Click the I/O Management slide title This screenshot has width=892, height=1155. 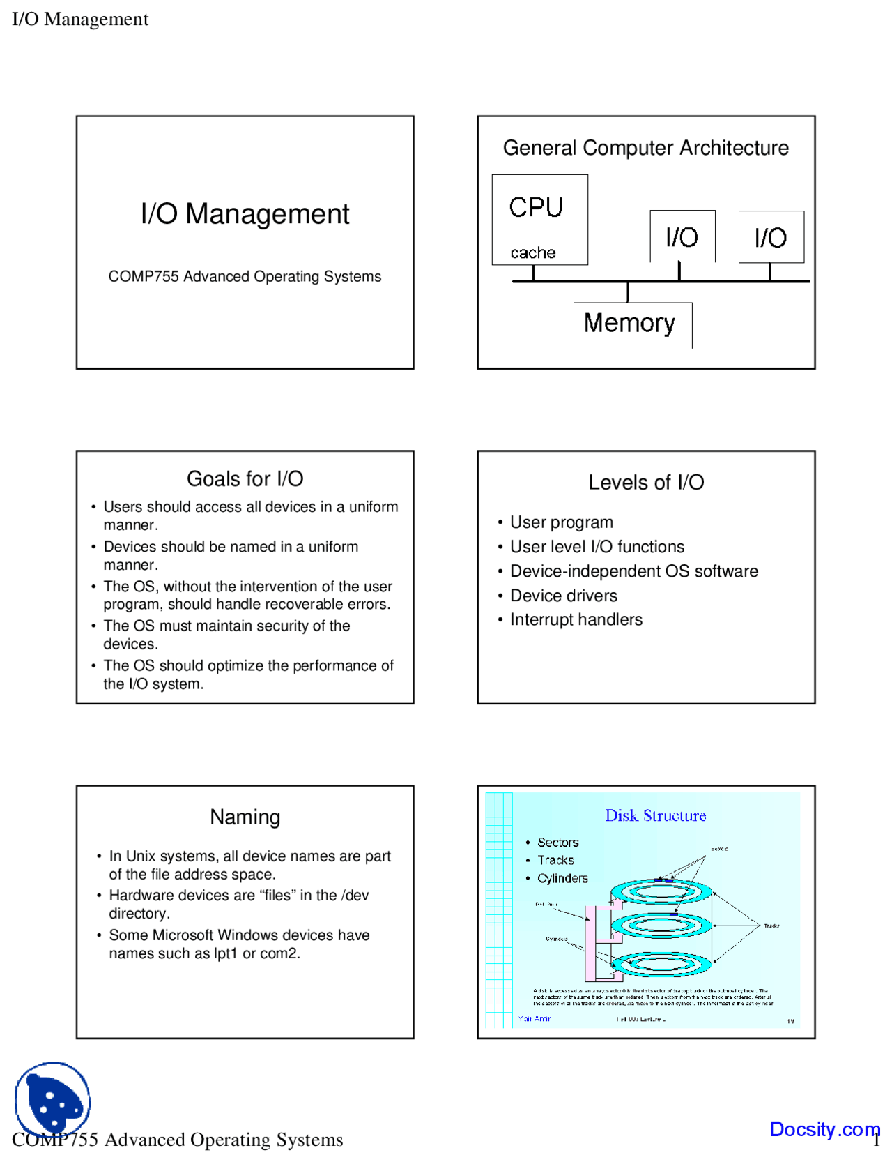[x=245, y=214]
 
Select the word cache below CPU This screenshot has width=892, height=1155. [x=532, y=252]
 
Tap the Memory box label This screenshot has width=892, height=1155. [x=629, y=323]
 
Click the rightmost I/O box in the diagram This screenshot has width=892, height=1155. [x=771, y=237]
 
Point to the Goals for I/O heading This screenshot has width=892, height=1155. [x=245, y=479]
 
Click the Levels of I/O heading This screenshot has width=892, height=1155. [x=646, y=482]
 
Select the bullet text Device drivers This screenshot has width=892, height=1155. [x=563, y=596]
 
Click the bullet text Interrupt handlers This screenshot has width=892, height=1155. [x=576, y=619]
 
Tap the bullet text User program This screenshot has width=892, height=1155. [x=561, y=522]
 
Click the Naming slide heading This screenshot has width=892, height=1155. [x=245, y=817]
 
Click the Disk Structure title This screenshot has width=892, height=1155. [x=655, y=815]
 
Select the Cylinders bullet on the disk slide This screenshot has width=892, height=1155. [x=562, y=878]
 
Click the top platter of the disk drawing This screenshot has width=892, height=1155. [x=661, y=891]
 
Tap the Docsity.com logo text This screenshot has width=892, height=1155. [x=824, y=1128]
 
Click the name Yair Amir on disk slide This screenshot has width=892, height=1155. [x=534, y=1019]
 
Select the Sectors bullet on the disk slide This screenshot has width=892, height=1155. [x=557, y=843]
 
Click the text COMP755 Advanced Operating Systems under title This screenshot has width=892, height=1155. [x=245, y=277]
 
